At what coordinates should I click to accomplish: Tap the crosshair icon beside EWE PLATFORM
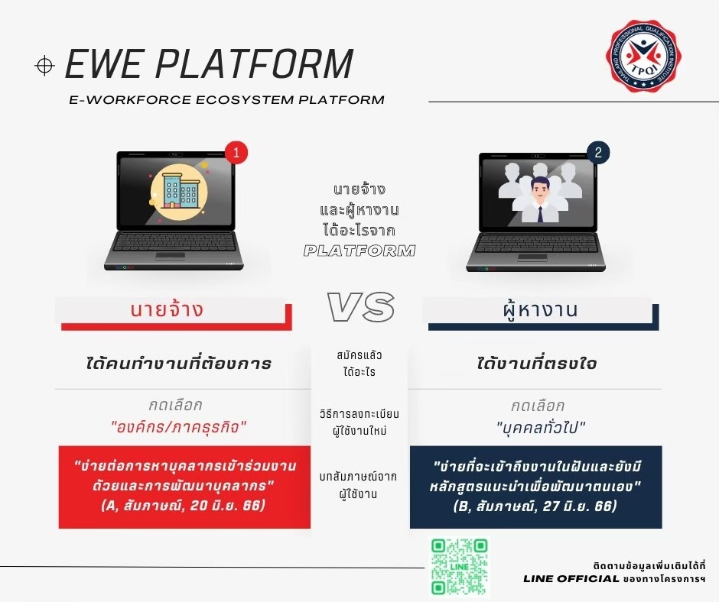(44, 66)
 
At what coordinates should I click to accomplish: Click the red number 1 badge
(236, 153)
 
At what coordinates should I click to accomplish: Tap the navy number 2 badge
(597, 152)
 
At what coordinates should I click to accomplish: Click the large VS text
(360, 307)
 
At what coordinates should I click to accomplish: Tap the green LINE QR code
(459, 566)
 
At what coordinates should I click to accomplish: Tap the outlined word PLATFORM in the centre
(359, 251)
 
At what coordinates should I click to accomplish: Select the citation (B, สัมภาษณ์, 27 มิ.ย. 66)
(535, 506)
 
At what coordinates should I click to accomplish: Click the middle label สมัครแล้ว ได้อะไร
(359, 363)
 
